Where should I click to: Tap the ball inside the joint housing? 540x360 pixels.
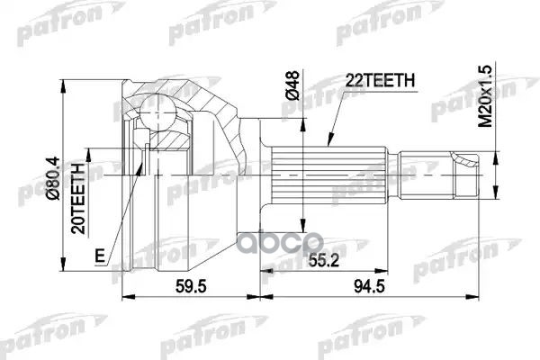coord(159,114)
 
